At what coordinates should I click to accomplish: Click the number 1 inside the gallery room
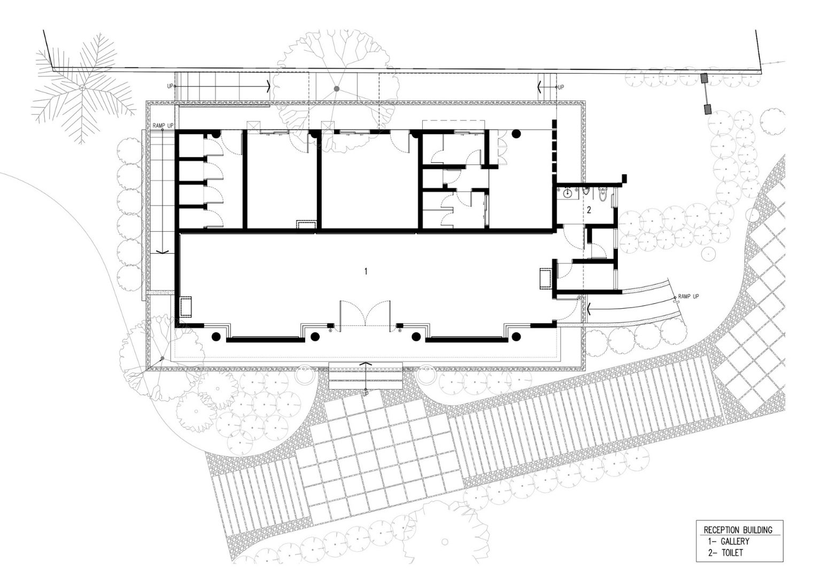(x=366, y=271)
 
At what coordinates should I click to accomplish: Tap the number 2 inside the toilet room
(x=589, y=210)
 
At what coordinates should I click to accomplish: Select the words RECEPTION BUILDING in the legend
(x=738, y=530)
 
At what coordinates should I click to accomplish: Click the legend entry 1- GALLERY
(x=729, y=541)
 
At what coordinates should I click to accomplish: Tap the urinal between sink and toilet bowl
(x=586, y=191)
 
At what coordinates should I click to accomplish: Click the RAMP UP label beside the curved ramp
(x=688, y=296)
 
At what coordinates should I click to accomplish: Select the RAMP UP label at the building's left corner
(x=163, y=126)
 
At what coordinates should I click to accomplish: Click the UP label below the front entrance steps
(x=366, y=394)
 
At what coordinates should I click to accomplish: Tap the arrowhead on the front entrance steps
(x=366, y=364)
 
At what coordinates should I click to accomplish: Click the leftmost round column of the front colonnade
(x=216, y=336)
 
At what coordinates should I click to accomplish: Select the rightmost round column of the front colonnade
(x=516, y=336)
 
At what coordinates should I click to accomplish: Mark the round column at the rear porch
(x=516, y=134)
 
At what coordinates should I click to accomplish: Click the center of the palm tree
(x=82, y=88)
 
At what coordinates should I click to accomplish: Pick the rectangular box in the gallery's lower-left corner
(x=186, y=307)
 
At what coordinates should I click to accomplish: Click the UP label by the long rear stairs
(x=170, y=87)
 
